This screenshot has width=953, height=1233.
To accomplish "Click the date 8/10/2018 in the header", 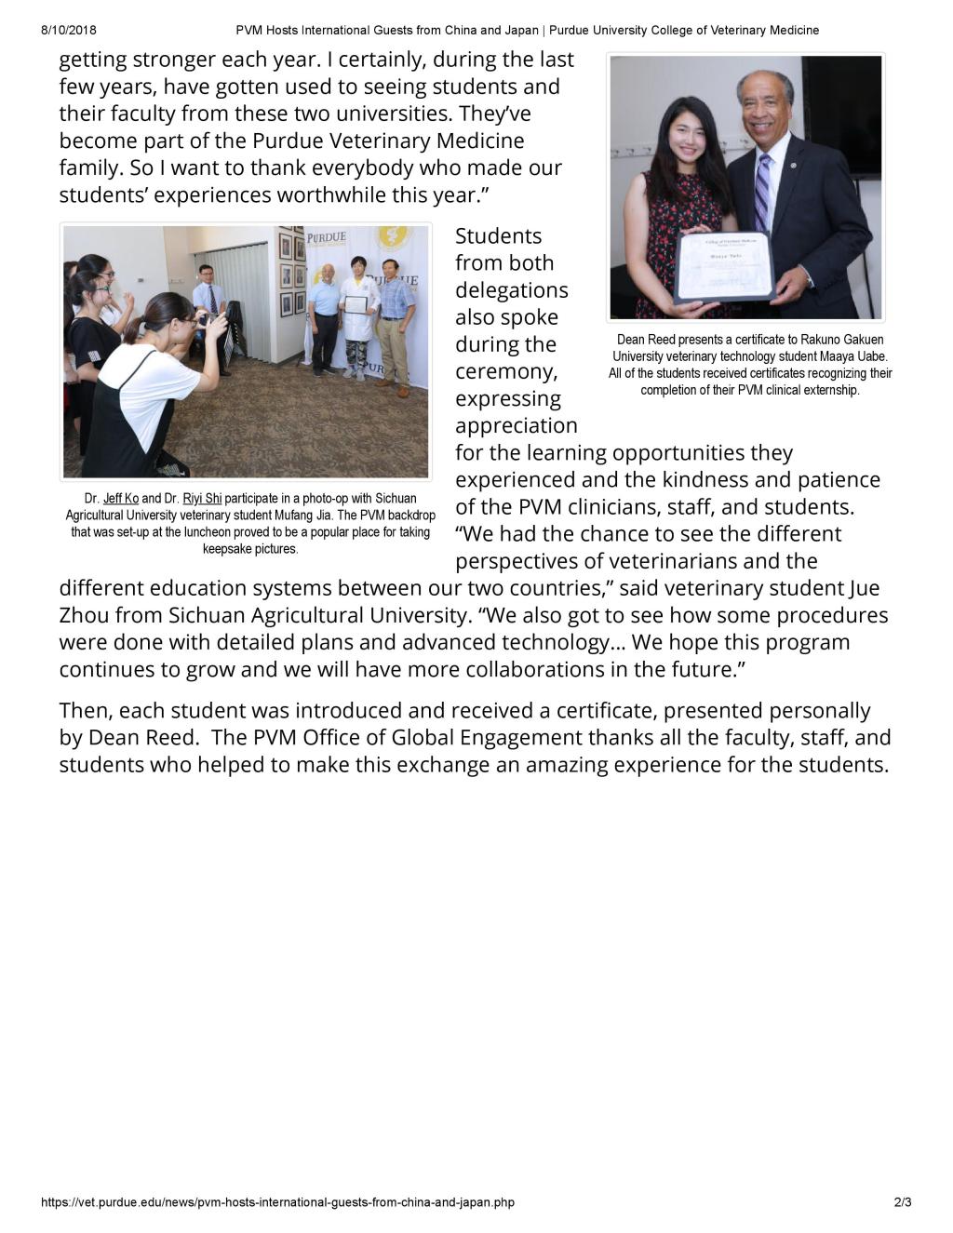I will click(x=69, y=30).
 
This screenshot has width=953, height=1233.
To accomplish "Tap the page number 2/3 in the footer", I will click(x=902, y=1202).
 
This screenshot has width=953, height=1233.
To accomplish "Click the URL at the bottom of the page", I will click(x=277, y=1202).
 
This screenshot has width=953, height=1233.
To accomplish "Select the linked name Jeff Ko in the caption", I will click(x=121, y=499).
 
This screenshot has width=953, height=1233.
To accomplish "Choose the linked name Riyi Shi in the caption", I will click(x=202, y=499).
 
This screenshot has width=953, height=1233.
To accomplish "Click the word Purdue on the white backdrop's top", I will click(x=326, y=237).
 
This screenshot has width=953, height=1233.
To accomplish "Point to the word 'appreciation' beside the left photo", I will click(x=516, y=425).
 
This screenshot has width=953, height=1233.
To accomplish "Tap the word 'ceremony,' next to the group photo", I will click(x=506, y=371).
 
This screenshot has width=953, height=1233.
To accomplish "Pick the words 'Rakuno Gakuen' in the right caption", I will click(x=842, y=340).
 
